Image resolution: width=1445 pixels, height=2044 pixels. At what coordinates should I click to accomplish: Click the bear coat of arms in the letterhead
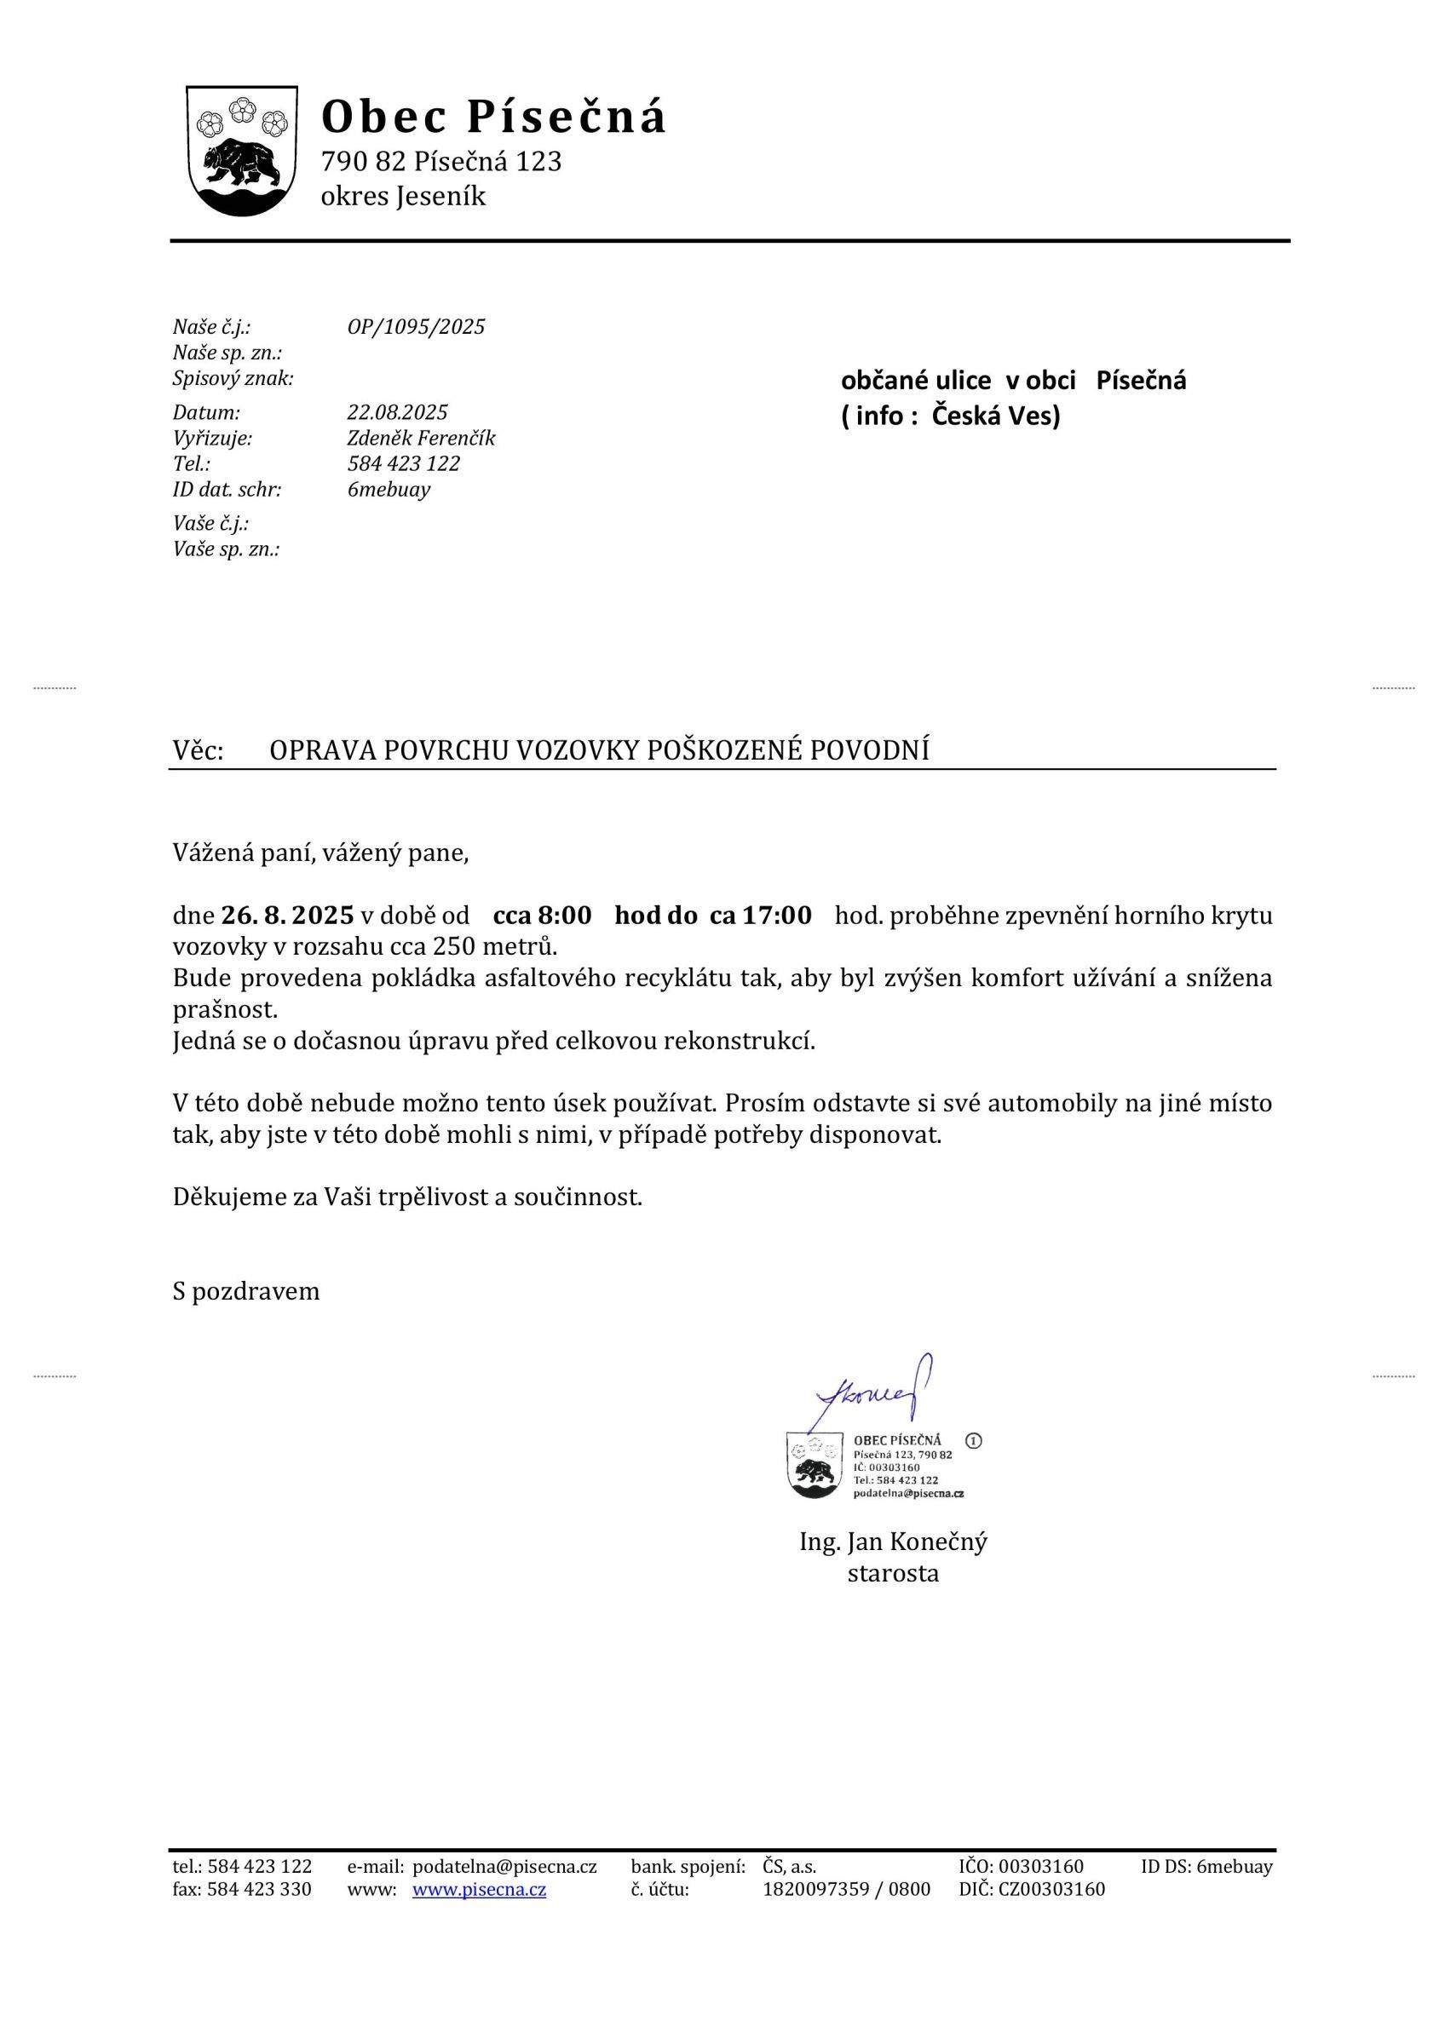click(241, 152)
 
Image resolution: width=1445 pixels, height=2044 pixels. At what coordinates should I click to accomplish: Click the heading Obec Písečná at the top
click(493, 118)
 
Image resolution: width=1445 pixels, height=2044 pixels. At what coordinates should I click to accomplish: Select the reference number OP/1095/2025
click(416, 328)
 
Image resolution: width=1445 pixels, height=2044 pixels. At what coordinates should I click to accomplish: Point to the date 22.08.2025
click(397, 413)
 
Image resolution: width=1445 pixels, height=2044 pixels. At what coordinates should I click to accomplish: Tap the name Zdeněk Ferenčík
click(421, 439)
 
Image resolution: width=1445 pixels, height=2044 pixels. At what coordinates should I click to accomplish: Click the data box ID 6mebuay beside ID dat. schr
click(389, 491)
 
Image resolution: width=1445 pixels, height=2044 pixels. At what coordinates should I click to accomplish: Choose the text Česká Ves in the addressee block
click(996, 416)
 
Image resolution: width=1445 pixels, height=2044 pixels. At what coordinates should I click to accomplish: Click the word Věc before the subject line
click(197, 751)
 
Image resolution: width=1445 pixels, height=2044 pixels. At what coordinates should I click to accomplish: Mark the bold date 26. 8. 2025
click(288, 916)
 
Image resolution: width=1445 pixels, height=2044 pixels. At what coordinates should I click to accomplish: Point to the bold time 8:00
click(566, 916)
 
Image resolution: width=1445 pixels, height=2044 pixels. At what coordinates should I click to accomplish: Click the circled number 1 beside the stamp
click(973, 1440)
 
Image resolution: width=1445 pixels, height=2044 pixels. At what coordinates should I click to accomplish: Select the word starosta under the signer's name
click(893, 1574)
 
